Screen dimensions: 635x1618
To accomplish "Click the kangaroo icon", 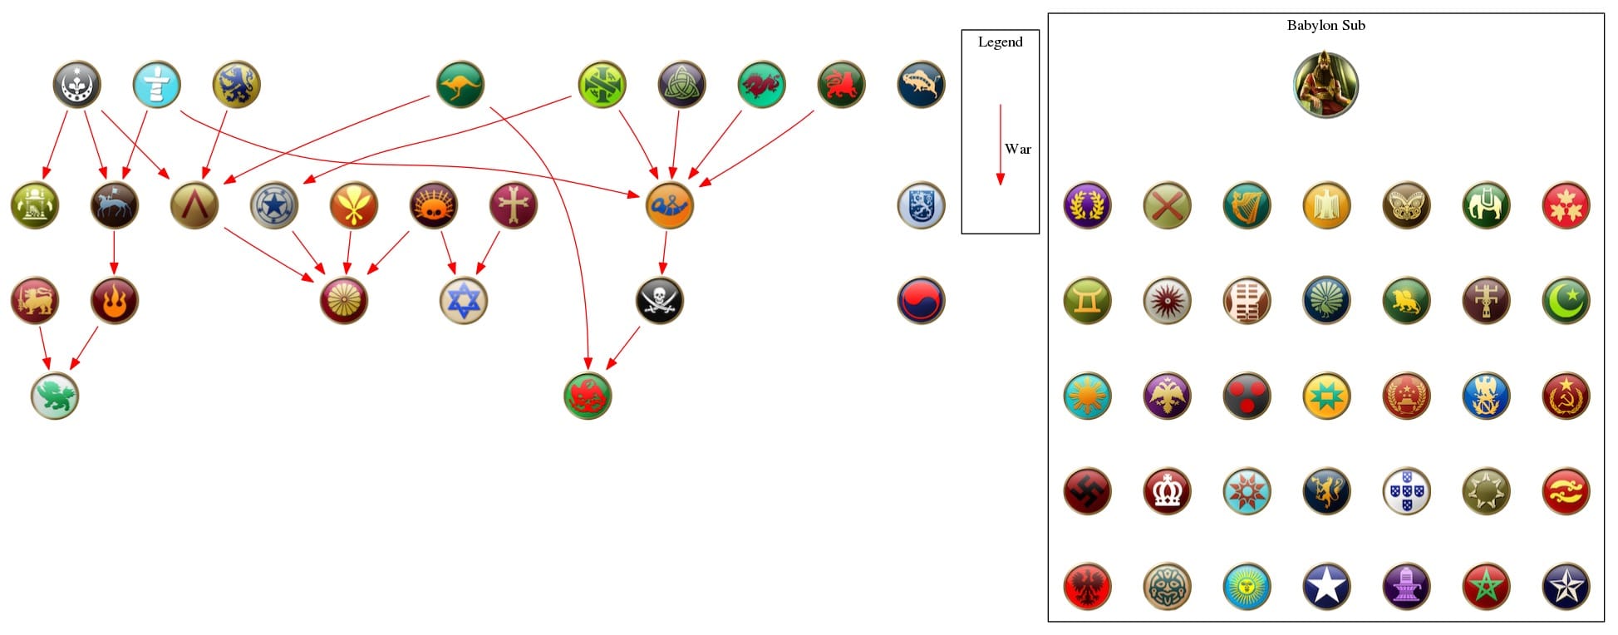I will click(x=460, y=84).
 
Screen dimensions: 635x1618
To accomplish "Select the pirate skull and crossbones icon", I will click(x=660, y=300).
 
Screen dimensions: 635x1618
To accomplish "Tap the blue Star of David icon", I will click(x=464, y=300).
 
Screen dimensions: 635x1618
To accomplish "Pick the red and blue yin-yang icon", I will click(x=921, y=300).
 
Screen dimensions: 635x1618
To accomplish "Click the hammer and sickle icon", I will click(x=1566, y=396).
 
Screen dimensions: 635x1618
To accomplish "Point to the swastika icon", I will click(x=1087, y=491).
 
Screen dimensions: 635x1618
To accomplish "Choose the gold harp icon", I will click(x=1247, y=205).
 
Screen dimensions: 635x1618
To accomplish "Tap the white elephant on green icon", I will click(x=1486, y=205).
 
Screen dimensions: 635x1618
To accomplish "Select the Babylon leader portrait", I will click(x=1325, y=85).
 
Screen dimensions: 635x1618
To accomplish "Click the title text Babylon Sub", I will click(x=1325, y=25).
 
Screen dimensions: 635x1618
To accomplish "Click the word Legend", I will click(x=1000, y=42).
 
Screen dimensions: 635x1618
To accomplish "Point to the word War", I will click(x=1017, y=149).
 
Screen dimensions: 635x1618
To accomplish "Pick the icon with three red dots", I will click(x=1247, y=396).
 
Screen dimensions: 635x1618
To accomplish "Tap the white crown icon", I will click(x=1167, y=491).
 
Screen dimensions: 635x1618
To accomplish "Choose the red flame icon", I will click(x=115, y=300).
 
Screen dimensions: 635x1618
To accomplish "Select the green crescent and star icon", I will click(x=1566, y=300).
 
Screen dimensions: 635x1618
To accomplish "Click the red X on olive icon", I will click(x=1167, y=205).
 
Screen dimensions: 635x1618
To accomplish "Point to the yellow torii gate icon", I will click(x=1087, y=300).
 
